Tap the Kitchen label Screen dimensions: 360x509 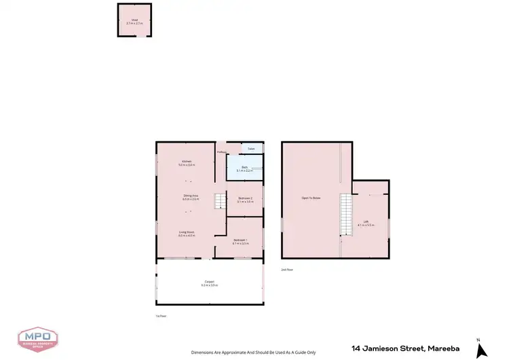186,162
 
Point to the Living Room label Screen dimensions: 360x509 187,232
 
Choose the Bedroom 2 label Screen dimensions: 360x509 245,198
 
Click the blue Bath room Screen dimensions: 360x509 244,168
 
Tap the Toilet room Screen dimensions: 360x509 251,148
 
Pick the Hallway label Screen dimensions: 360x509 221,151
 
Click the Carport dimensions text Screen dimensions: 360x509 209,285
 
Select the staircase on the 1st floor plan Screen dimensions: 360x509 220,202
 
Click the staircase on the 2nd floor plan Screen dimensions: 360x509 346,214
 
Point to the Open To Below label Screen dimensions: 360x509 311,198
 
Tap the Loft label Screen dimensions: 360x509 366,221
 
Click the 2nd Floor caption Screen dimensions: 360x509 287,270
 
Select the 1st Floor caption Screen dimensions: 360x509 161,316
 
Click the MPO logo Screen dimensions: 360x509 37,338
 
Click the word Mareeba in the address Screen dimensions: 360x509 444,348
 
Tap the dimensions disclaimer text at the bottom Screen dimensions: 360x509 254,353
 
